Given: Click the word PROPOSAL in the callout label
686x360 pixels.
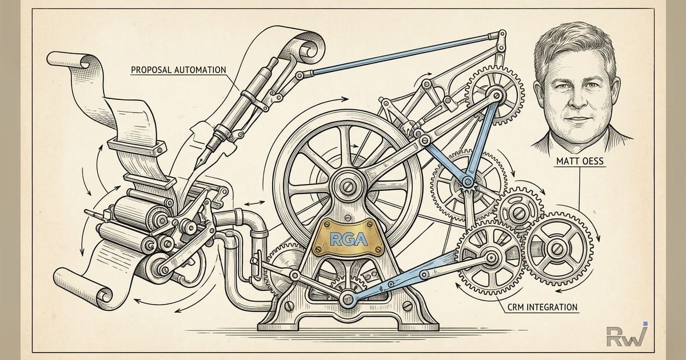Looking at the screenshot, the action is (x=151, y=70).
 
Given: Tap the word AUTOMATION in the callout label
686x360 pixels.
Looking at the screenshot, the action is (x=200, y=70).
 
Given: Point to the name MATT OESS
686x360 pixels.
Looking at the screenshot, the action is (x=580, y=161).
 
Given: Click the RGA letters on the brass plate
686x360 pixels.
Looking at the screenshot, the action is (x=349, y=239).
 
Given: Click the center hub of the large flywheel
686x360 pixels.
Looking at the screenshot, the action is (x=348, y=186).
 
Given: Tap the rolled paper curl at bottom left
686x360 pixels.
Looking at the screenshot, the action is (x=103, y=296).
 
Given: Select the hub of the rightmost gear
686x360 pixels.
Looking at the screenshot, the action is (x=557, y=249).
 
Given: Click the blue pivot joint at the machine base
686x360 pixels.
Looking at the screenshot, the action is (x=348, y=298).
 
